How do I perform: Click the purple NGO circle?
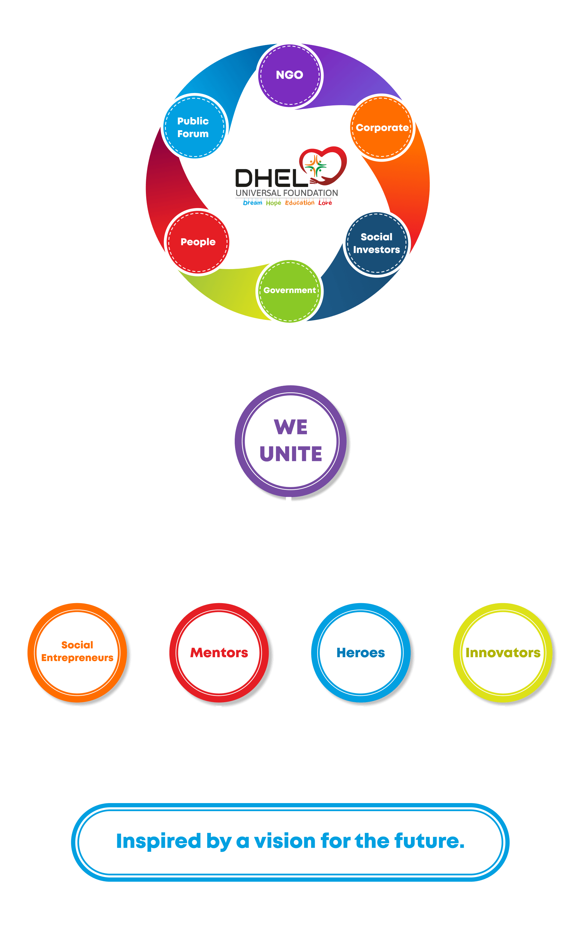click(290, 75)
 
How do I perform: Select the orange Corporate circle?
click(382, 128)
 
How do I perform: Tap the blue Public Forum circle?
click(194, 127)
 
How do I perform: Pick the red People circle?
click(198, 242)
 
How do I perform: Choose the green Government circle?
click(290, 291)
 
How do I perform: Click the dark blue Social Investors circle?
click(376, 243)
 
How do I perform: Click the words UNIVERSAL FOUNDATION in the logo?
click(287, 193)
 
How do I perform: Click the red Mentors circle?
click(219, 653)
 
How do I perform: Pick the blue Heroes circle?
click(361, 653)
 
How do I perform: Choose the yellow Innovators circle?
click(502, 653)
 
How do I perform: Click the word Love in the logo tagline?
click(325, 203)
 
